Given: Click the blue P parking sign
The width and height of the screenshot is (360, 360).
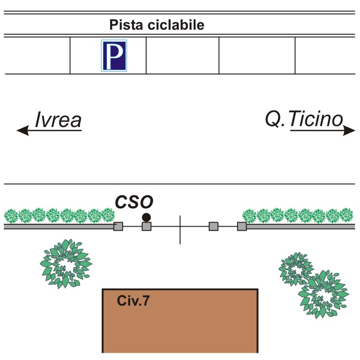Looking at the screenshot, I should (114, 56).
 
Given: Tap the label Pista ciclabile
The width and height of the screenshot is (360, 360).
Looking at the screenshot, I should (156, 25).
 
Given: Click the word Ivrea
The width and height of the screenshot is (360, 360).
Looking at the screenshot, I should (58, 121).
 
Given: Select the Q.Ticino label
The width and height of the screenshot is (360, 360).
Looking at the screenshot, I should (304, 120).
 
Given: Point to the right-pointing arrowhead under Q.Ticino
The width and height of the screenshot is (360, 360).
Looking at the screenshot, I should (349, 131).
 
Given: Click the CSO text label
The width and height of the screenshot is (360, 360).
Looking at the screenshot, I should (133, 201).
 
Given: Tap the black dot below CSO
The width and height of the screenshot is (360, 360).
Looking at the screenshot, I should (146, 217).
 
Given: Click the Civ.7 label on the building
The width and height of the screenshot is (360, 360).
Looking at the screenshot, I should (133, 301).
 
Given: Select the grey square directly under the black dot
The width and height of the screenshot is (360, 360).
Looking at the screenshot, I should (146, 226).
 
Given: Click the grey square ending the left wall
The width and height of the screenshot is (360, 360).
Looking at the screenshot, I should (118, 226).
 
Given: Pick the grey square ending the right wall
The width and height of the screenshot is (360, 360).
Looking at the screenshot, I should (242, 226).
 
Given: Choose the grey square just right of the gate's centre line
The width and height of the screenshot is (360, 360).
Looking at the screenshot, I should (213, 226).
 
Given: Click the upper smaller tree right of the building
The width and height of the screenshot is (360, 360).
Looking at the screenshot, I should (296, 269).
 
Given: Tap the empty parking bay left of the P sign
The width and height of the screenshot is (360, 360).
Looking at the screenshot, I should (37, 56).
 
